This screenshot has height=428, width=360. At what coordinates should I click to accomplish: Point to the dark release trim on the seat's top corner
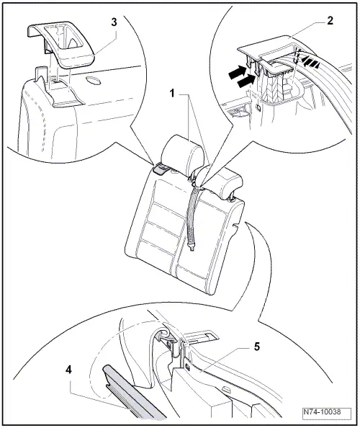click(161, 170)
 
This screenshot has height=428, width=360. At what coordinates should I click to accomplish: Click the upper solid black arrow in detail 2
click(238, 72)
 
